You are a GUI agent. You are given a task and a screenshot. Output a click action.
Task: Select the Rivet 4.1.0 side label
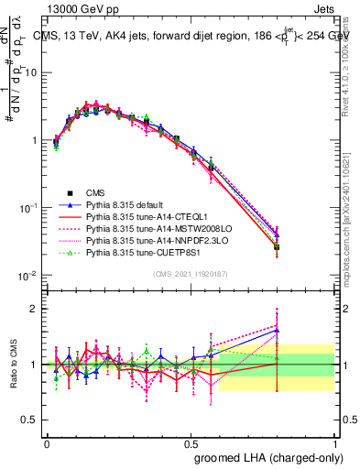tap(352, 69)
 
